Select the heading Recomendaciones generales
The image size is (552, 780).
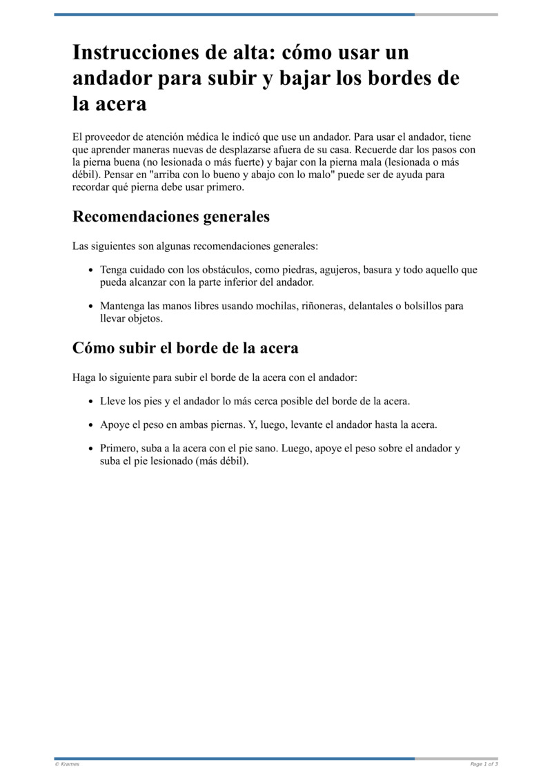click(x=171, y=217)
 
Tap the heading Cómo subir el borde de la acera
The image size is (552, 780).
click(x=185, y=348)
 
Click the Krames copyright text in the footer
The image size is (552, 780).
click(x=67, y=764)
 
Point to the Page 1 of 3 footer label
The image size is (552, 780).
click(x=484, y=764)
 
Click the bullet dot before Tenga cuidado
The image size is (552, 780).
click(x=92, y=271)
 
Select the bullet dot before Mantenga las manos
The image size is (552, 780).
click(x=92, y=306)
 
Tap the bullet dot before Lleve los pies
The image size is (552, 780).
click(x=92, y=402)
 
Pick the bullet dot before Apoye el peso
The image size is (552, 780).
click(x=92, y=425)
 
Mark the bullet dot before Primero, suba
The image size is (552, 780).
click(x=92, y=449)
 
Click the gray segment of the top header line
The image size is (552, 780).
click(x=456, y=14)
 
